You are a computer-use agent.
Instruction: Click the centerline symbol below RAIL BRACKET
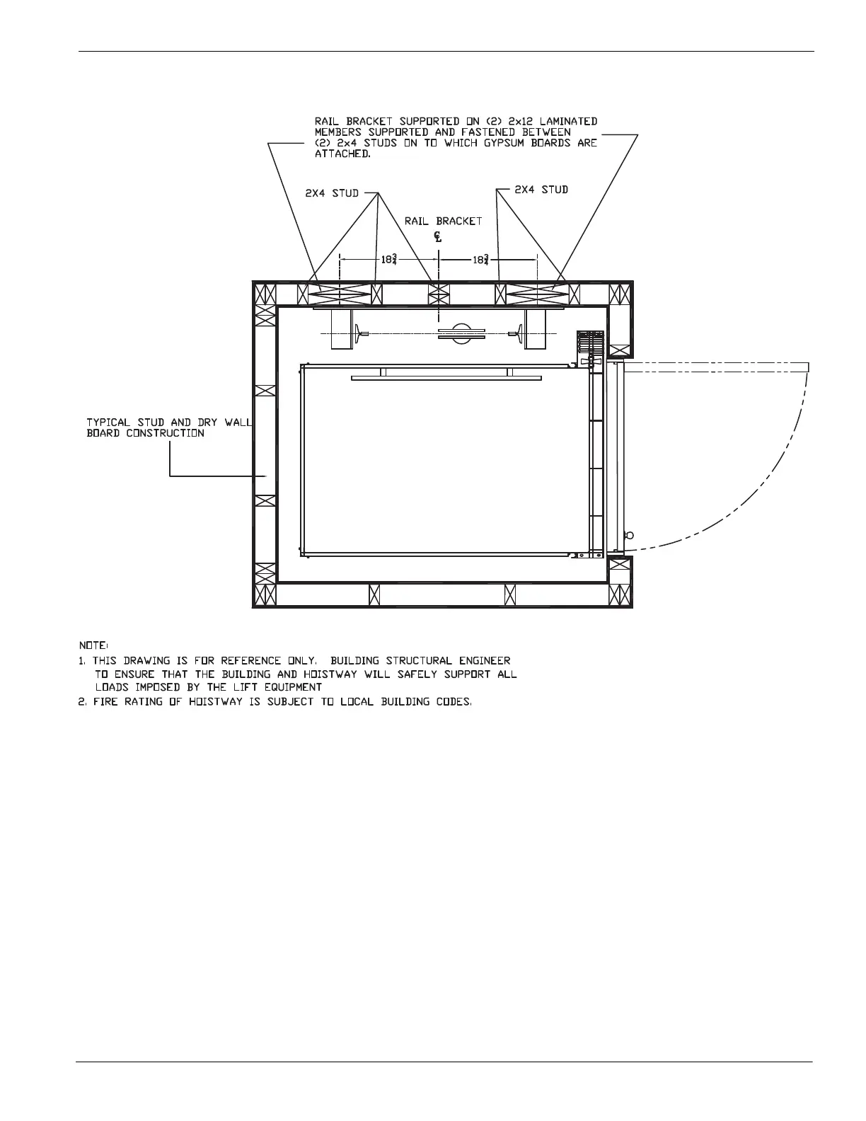coord(439,238)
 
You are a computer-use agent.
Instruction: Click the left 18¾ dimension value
coord(389,260)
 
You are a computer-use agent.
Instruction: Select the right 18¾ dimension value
coord(481,260)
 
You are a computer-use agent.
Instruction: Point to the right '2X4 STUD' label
coord(541,190)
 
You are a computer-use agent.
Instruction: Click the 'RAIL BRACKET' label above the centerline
coord(444,221)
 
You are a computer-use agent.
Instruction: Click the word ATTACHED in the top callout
coord(342,154)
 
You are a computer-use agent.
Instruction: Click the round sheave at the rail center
coord(461,333)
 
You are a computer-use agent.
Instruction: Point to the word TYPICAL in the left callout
coord(108,422)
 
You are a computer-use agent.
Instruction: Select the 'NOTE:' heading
coord(93,645)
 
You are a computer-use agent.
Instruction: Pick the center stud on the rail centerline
coord(439,293)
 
